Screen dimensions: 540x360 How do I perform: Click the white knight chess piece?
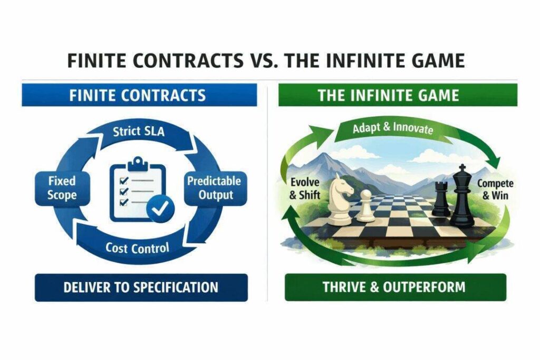(340, 199)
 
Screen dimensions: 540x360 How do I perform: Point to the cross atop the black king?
(462, 168)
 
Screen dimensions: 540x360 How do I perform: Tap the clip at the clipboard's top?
(138, 163)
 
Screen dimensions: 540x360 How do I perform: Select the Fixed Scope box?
(62, 188)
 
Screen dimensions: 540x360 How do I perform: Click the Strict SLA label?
(139, 131)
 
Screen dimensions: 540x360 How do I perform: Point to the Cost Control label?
(137, 248)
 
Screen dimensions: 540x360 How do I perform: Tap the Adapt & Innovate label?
(392, 128)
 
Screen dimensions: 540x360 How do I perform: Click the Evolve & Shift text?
(305, 188)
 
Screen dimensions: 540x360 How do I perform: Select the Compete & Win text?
(495, 189)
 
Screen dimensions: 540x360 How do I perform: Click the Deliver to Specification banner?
(141, 287)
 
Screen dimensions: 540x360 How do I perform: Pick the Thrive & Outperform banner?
(396, 287)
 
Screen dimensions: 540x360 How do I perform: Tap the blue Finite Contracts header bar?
(139, 95)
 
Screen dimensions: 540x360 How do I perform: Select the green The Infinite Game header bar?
(398, 95)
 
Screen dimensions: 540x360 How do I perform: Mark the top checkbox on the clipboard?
(123, 180)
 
